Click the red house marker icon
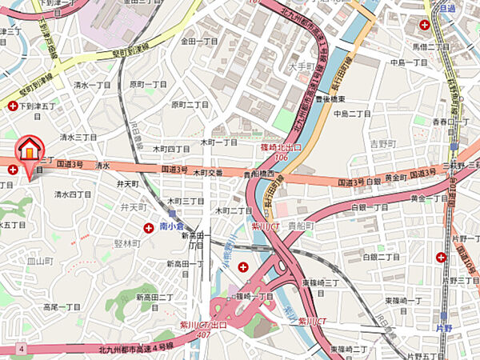click(x=29, y=149)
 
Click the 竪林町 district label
click(x=126, y=242)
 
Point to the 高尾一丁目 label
click(x=62, y=306)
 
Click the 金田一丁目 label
click(x=199, y=40)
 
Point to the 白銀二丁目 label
click(x=381, y=257)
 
